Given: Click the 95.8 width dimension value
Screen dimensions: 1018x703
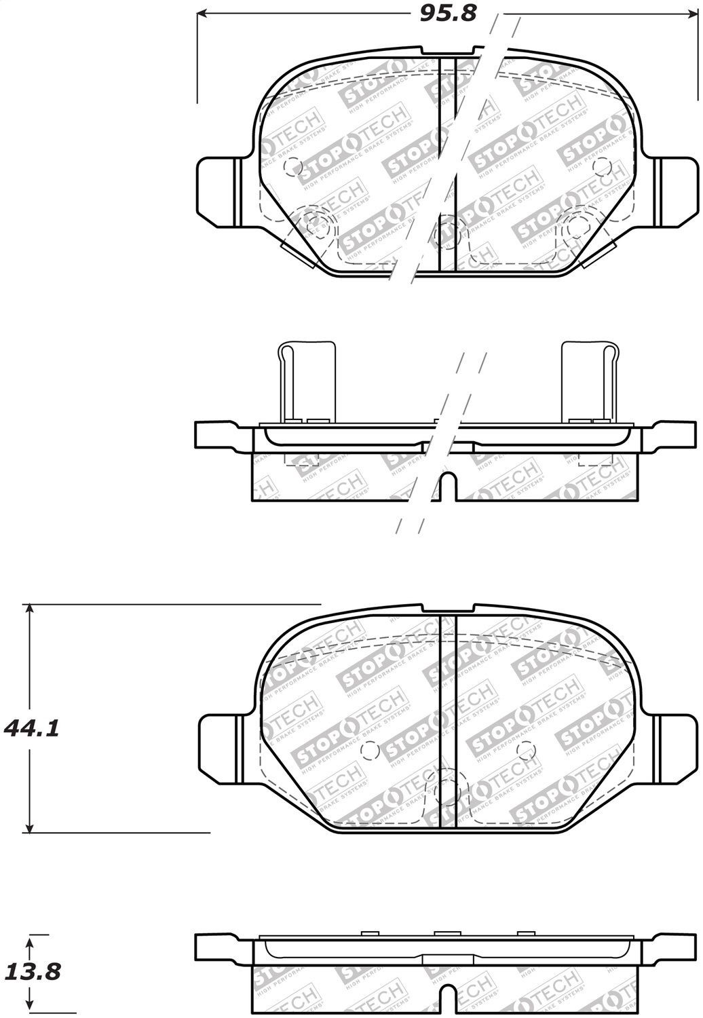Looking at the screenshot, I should [x=449, y=13].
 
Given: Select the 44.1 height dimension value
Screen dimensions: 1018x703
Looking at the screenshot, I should [x=32, y=729].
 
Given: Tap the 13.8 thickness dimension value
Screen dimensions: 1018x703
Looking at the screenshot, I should [x=32, y=972].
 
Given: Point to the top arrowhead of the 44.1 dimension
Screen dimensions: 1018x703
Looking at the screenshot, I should [x=29, y=609].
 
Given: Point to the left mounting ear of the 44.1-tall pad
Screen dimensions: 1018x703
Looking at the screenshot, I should [x=219, y=742].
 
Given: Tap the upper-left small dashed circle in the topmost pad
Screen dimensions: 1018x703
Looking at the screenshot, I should [x=293, y=165].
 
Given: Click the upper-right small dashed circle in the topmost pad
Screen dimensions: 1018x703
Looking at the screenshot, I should [x=601, y=166].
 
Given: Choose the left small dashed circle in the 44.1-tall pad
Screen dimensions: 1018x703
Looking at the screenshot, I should [x=369, y=750].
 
